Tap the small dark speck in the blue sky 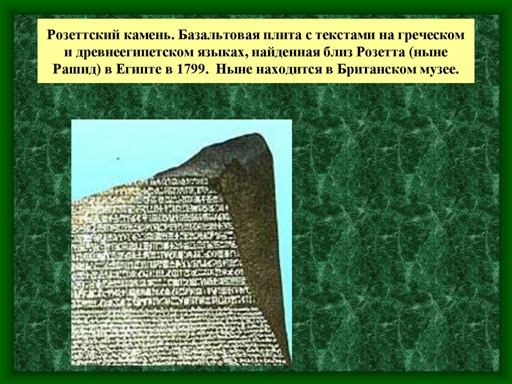coord(119,159)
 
